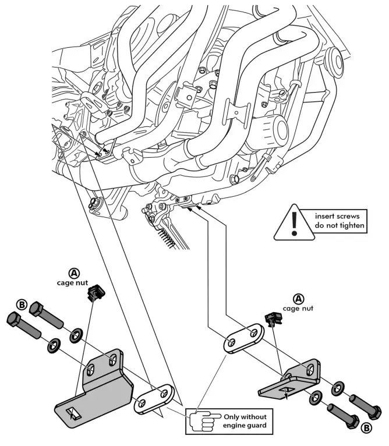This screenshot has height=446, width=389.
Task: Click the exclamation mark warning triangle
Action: point(294,224)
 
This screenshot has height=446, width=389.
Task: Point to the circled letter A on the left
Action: point(75,274)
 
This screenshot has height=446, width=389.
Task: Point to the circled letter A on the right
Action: point(299,299)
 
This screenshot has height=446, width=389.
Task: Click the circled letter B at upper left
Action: point(22,305)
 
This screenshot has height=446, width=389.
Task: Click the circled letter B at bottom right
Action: point(366,428)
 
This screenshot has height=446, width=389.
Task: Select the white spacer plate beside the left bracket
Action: point(154,399)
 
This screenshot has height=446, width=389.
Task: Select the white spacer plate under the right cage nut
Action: point(244,338)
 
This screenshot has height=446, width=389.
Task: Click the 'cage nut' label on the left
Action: point(73,283)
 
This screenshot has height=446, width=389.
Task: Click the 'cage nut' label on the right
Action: point(298,309)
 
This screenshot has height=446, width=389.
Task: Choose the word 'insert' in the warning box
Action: point(324,216)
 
